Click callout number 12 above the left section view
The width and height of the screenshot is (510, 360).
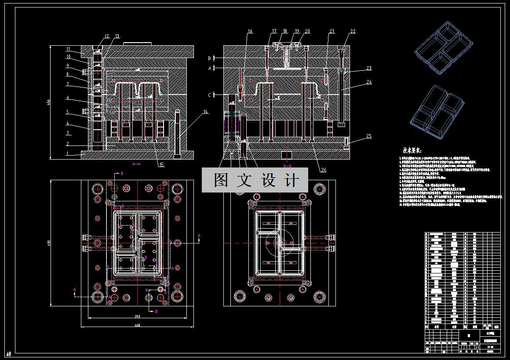(106, 36)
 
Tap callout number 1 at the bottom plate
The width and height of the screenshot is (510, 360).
(68, 153)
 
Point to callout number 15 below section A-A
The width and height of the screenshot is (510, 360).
(161, 165)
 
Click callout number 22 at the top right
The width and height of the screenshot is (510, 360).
(353, 31)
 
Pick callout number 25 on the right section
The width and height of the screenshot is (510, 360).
(368, 136)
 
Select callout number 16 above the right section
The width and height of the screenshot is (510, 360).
(250, 31)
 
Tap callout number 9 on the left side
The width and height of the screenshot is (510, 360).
(68, 65)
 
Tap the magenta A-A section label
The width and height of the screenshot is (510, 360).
(136, 163)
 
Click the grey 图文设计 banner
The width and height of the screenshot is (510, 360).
(255, 180)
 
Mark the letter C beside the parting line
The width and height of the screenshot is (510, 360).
(210, 95)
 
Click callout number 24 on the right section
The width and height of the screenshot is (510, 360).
(368, 82)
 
